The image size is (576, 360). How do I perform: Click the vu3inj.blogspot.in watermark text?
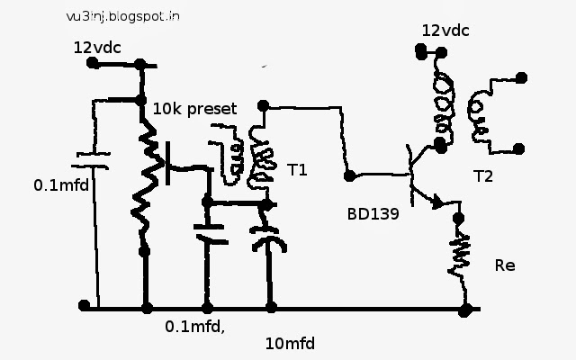pyautogui.click(x=123, y=16)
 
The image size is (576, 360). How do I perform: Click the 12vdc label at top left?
pyautogui.click(x=97, y=48)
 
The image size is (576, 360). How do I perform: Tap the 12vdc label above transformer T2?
pyautogui.click(x=445, y=31)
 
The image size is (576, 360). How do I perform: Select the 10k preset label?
pyautogui.click(x=194, y=109)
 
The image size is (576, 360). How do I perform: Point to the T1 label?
pyautogui.click(x=297, y=170)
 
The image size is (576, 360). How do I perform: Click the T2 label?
pyautogui.click(x=483, y=176)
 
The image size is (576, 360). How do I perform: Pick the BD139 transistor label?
pyautogui.click(x=373, y=214)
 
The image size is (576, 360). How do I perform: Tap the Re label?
pyautogui.click(x=505, y=265)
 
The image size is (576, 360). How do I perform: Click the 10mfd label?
pyautogui.click(x=290, y=344)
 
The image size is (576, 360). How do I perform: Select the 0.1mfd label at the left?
pyautogui.click(x=61, y=185)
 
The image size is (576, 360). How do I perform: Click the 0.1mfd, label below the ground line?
pyautogui.click(x=194, y=326)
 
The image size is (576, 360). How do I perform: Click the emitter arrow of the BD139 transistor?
pyautogui.click(x=437, y=202)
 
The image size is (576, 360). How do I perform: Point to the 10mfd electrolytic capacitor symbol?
pyautogui.click(x=267, y=238)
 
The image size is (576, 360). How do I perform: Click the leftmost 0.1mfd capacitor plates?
pyautogui.click(x=90, y=161)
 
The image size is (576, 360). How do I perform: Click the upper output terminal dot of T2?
pyautogui.click(x=521, y=78)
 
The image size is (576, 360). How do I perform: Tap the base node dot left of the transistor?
pyautogui.click(x=350, y=176)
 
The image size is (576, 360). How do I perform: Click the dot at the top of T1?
pyautogui.click(x=263, y=106)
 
